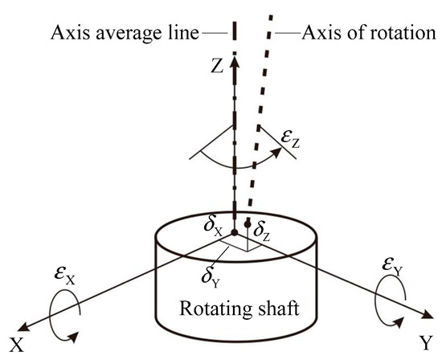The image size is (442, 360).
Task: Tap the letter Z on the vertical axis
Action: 216,67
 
